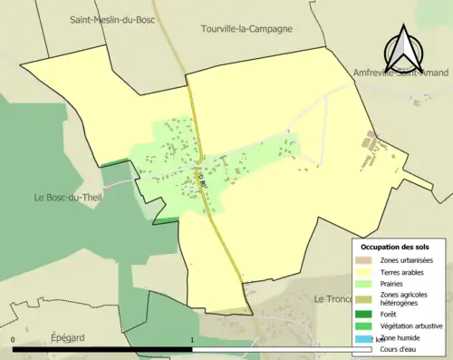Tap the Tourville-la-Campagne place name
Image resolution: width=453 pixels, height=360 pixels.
pos(246,29)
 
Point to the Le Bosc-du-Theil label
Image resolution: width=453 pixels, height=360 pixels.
pos(64,198)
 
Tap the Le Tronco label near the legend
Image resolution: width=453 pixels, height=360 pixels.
pos(332,298)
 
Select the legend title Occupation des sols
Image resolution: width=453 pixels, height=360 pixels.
pos(395,247)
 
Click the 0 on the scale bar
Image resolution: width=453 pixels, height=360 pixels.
pos(14,340)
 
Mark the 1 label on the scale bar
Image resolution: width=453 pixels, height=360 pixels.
pos(193,340)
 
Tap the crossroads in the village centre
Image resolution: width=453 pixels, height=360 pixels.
pos(198,167)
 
